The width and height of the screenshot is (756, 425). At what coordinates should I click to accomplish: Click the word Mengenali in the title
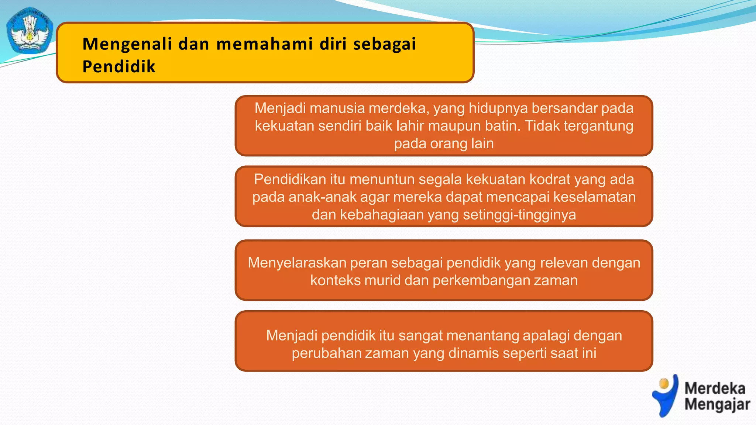click(127, 44)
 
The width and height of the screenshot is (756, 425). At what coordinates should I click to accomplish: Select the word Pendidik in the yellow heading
click(119, 67)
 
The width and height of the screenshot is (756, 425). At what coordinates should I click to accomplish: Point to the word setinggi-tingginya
click(519, 215)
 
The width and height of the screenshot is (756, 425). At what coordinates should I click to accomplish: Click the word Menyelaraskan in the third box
click(297, 263)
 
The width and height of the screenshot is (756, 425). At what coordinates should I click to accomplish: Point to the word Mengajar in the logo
click(717, 404)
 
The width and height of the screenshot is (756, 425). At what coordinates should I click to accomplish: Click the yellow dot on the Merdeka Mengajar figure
click(664, 384)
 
